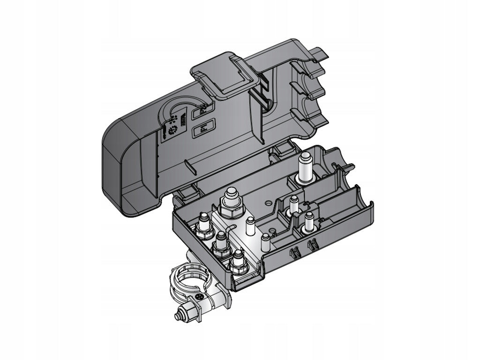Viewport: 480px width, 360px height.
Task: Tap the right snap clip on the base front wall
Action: coord(312,244)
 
